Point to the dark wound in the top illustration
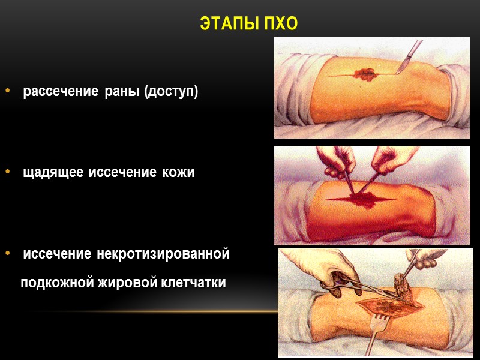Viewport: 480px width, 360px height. pos(364,75)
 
